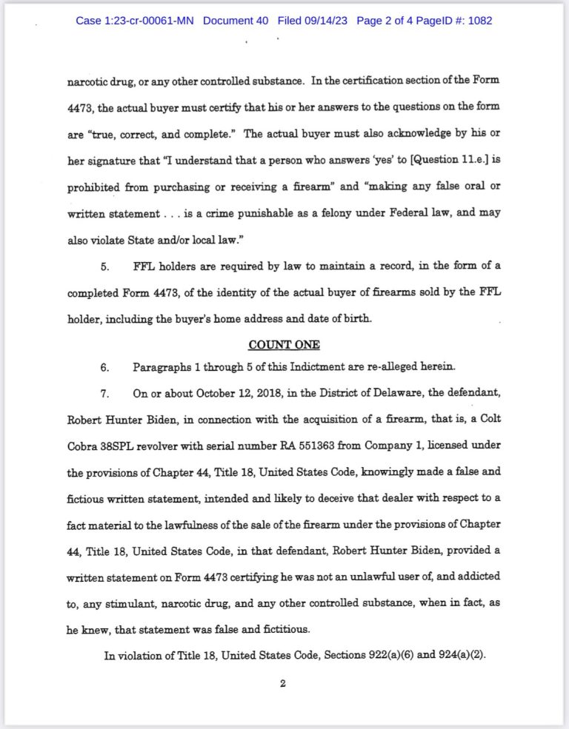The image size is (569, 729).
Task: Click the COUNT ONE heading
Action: pyautogui.click(x=284, y=344)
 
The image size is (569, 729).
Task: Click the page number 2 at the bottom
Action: pyautogui.click(x=282, y=683)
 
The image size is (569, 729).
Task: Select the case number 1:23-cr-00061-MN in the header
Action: pyautogui.click(x=134, y=21)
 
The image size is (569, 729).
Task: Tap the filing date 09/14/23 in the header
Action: pyautogui.click(x=325, y=21)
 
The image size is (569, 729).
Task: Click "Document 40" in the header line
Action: pyautogui.click(x=236, y=21)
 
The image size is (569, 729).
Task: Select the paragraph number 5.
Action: pyautogui.click(x=104, y=265)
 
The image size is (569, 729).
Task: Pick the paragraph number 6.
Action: pyautogui.click(x=104, y=367)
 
